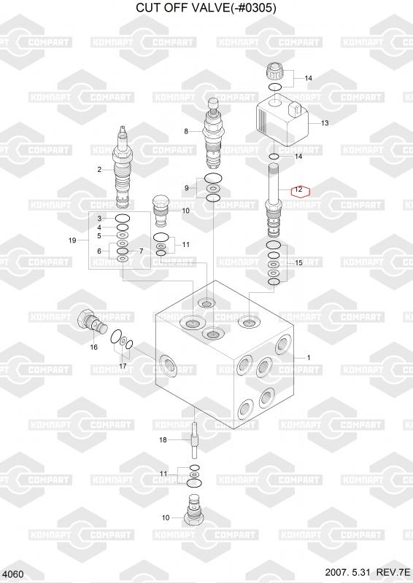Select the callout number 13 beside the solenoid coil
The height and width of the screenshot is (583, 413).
pos(325,122)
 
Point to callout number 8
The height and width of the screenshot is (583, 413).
pos(186,131)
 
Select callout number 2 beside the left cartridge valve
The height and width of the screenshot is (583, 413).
pos(99,170)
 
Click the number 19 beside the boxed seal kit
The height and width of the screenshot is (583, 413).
pos(72,240)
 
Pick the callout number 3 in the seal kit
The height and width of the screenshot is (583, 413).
pos(99,218)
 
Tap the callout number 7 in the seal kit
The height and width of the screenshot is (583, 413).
pos(141,251)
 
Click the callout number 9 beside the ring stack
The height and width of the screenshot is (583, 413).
pos(187,188)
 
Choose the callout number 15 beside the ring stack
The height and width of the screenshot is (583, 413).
pos(298,263)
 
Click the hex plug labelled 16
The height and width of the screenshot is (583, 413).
pos(92,322)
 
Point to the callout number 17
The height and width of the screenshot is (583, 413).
pos(123,366)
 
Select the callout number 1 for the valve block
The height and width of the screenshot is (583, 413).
pos(309,358)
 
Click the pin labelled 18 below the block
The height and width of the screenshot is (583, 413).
pos(194,440)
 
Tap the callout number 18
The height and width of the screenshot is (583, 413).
pos(163,440)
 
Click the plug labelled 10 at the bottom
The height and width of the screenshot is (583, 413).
pos(193,509)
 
